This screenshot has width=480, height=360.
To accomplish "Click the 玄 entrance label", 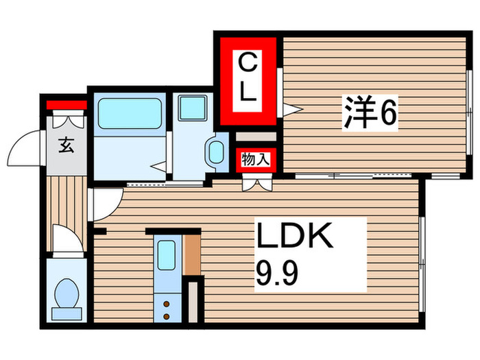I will point(66,145).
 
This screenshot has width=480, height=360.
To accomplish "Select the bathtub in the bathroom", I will point(130,112).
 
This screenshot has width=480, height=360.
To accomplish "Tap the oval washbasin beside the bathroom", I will point(217,152).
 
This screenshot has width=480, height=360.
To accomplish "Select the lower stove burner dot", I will point(166,315).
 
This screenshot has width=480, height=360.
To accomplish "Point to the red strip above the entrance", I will point(67,106).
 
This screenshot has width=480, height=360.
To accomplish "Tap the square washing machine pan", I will point(192,108).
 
